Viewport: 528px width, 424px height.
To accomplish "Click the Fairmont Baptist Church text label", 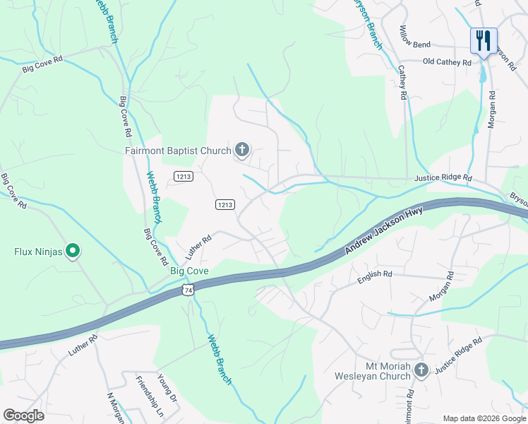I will [177, 151].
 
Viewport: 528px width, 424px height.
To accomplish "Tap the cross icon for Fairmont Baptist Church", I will [242, 150].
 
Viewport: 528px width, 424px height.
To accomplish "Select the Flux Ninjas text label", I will [39, 251].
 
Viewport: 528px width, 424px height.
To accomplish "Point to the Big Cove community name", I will [189, 271].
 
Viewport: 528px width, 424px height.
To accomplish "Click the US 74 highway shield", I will [186, 290].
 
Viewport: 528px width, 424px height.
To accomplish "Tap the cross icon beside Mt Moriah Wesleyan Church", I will [421, 370].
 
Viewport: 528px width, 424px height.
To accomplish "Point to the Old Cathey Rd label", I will [446, 62].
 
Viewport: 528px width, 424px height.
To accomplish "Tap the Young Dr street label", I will [168, 387].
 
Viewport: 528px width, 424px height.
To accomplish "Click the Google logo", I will [23, 415].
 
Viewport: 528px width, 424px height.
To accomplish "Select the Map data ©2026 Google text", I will [484, 418].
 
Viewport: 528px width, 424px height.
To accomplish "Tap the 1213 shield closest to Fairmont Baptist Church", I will [184, 175].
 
